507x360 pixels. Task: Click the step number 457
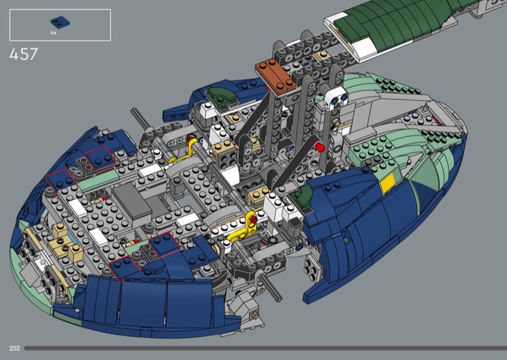(x=23, y=54)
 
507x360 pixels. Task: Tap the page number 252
(x=15, y=348)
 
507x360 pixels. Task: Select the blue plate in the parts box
(x=60, y=22)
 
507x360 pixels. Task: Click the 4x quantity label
(x=53, y=33)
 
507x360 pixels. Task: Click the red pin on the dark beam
(x=319, y=147)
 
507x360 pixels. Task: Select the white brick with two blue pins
(x=337, y=97)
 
